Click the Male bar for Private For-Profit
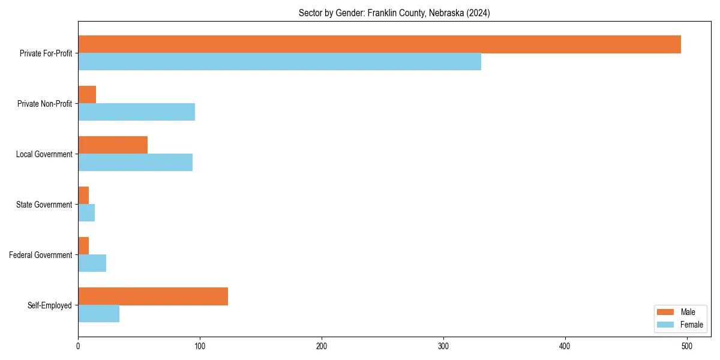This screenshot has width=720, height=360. click(379, 44)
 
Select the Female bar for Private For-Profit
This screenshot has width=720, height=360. click(280, 62)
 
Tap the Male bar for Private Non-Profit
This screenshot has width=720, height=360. click(87, 95)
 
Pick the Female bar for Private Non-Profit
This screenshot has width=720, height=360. click(136, 112)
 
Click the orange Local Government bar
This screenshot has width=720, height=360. click(113, 145)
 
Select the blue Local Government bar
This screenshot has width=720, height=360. click(135, 163)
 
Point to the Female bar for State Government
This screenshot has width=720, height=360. click(86, 213)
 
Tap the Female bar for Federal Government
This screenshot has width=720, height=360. click(92, 263)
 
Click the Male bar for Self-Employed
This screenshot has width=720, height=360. click(153, 296)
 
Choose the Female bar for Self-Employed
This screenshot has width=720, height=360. click(98, 314)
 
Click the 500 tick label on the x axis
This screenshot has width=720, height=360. click(687, 346)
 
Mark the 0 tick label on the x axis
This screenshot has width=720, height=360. click(78, 346)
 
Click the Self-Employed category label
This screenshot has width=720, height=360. click(50, 305)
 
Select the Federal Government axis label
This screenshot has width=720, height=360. click(41, 255)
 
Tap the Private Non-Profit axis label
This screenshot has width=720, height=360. click(45, 104)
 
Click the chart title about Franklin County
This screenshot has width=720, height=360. click(394, 13)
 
